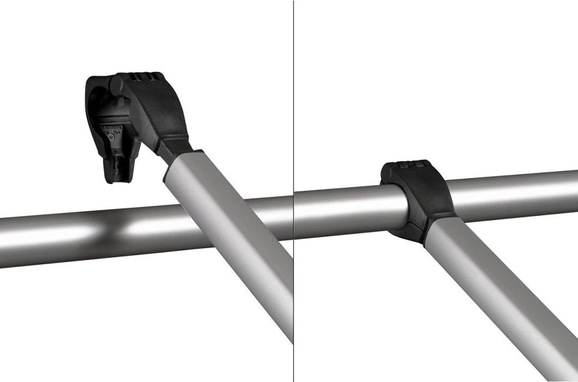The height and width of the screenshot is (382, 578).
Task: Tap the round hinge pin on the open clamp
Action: tap(116, 84)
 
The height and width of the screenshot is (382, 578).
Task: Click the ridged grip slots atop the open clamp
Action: tap(145, 76)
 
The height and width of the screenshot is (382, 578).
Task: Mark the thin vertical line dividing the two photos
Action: tap(294, 273)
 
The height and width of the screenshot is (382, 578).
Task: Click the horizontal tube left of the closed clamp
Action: tap(349, 210)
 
